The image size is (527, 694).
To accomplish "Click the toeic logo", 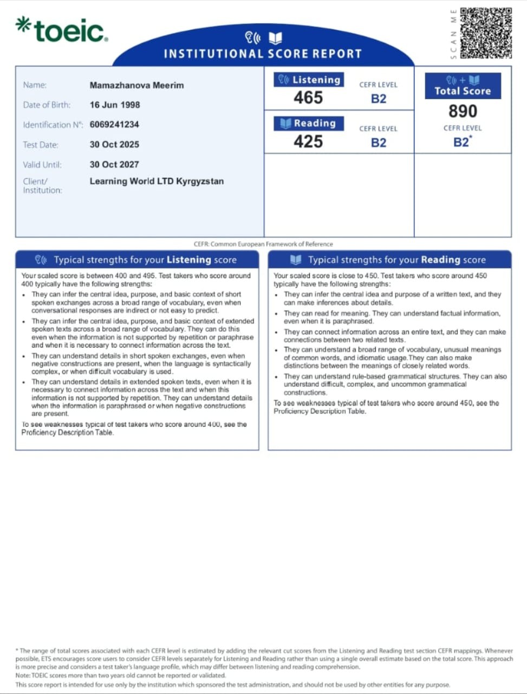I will [x=62, y=30].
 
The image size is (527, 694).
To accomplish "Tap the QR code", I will [x=486, y=33].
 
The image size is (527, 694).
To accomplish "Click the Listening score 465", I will [x=308, y=98].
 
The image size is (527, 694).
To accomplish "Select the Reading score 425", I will [x=308, y=142].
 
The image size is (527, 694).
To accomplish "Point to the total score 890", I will [x=463, y=111].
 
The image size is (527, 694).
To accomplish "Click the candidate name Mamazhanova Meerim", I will [x=136, y=85].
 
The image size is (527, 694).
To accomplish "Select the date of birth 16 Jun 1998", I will [x=115, y=105].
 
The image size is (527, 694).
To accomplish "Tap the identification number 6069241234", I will [x=114, y=124].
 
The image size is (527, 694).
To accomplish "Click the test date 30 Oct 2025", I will [x=114, y=144].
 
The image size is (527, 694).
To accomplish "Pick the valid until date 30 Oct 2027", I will [x=114, y=164].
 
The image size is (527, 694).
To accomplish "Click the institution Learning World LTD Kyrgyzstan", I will [x=157, y=181].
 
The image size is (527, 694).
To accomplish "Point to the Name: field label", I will [x=35, y=85].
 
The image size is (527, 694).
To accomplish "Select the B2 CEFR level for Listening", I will [x=379, y=99].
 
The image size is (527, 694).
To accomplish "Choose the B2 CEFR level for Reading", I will [x=379, y=143].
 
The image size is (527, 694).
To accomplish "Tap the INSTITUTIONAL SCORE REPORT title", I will [x=263, y=54].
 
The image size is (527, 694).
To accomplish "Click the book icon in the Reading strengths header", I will [x=296, y=260].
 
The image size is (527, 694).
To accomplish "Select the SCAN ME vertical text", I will [x=453, y=34].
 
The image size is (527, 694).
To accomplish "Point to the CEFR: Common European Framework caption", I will [x=263, y=244].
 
